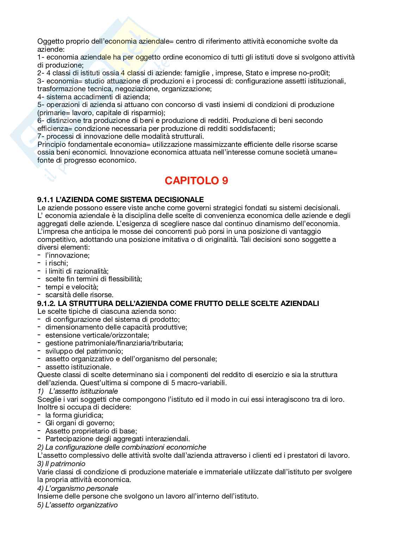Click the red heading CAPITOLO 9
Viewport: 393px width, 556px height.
point(196,181)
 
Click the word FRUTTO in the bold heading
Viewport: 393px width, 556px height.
point(207,303)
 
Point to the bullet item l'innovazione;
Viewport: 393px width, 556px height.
point(67,255)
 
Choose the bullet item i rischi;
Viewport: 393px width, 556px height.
point(56,263)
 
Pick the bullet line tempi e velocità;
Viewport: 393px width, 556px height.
point(71,287)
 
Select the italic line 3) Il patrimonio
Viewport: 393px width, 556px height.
point(61,463)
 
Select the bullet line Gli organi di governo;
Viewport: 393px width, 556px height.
point(80,423)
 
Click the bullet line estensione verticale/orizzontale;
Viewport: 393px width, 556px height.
point(97,335)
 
